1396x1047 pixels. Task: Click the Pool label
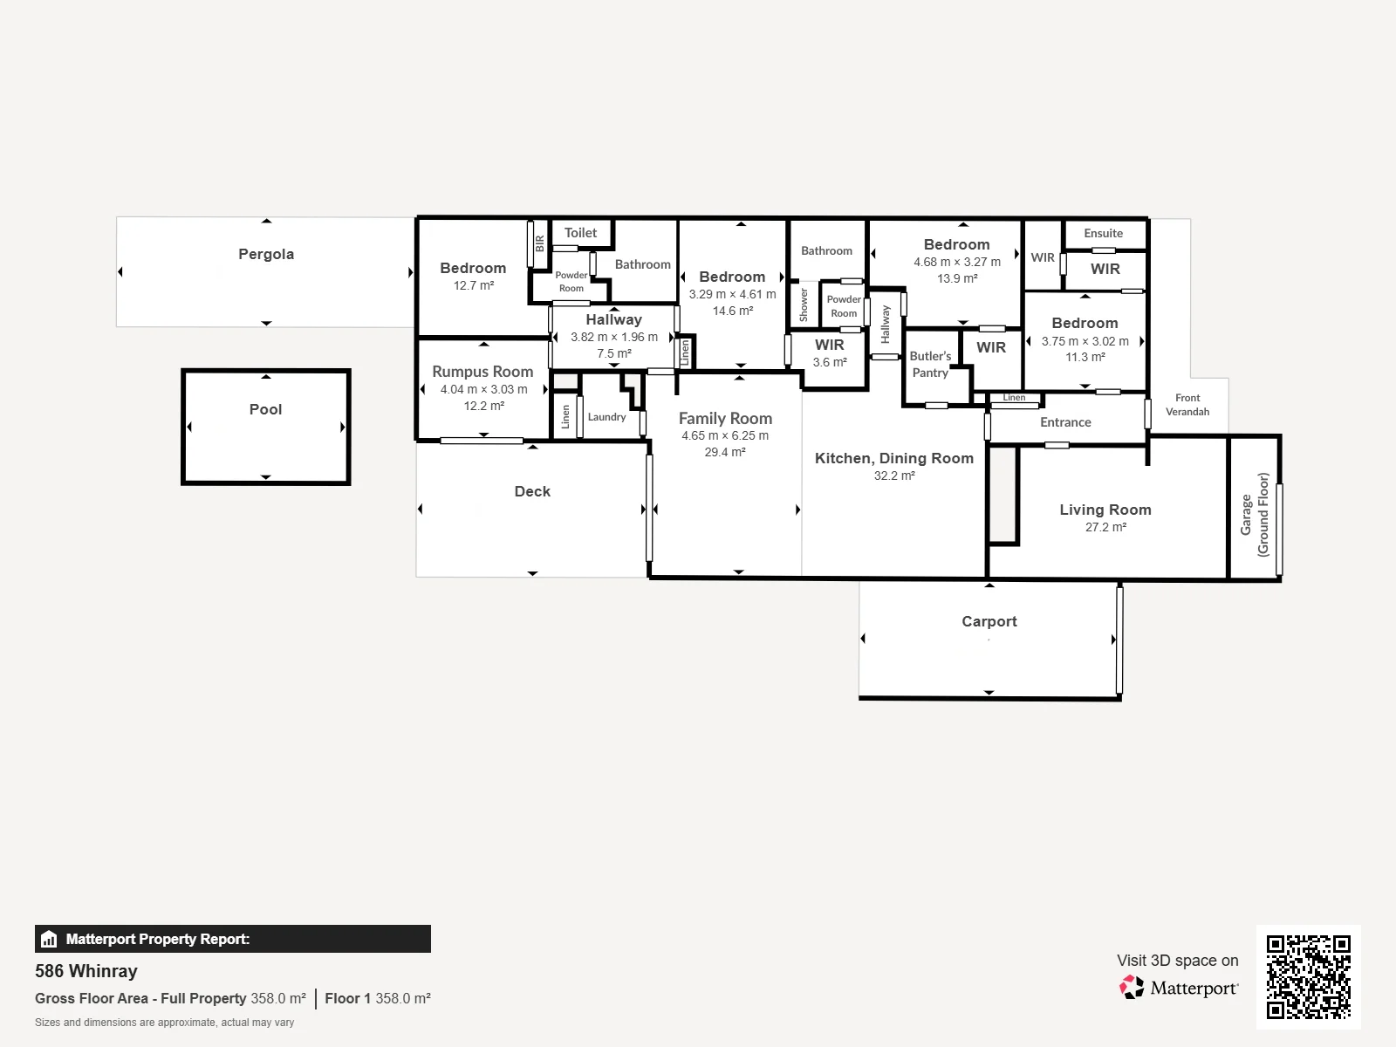click(265, 409)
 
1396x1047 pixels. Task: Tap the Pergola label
click(266, 254)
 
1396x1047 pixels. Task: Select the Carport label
click(989, 621)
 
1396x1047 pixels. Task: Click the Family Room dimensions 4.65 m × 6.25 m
click(725, 435)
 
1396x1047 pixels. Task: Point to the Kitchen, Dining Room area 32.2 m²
click(894, 476)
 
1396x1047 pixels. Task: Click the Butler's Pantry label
click(930, 364)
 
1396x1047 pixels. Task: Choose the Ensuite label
click(1104, 233)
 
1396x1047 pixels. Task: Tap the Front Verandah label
click(1187, 404)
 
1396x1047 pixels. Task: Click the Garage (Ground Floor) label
click(1254, 515)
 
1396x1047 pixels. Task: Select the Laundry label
click(606, 417)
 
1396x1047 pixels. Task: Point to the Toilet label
click(581, 233)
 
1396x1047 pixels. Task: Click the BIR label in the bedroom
click(540, 243)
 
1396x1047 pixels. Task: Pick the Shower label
click(804, 305)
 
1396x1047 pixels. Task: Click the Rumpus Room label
click(482, 372)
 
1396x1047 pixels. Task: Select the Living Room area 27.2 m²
click(1106, 527)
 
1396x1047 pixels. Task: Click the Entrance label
click(1065, 422)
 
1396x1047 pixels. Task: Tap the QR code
click(1308, 976)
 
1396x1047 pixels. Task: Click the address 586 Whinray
click(86, 971)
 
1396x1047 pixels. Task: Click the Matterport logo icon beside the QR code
click(1132, 988)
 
